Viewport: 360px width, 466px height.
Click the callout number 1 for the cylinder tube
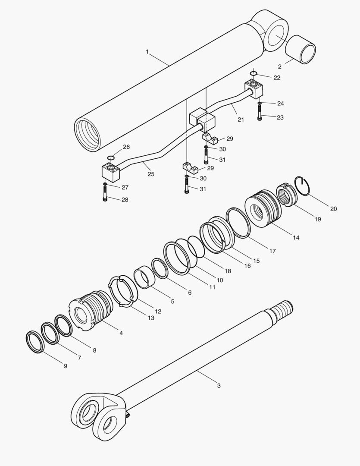pos(147,52)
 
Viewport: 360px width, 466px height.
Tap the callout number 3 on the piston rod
pos(219,385)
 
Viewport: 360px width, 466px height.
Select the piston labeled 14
pos(263,209)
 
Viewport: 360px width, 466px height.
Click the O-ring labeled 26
pos(110,158)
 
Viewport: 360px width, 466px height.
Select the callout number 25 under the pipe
pos(151,174)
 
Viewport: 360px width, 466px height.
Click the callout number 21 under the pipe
pos(241,120)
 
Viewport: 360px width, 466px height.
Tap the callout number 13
pos(150,318)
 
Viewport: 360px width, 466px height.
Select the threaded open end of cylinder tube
pos(87,135)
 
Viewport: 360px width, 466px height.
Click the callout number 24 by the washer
pos(280,104)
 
